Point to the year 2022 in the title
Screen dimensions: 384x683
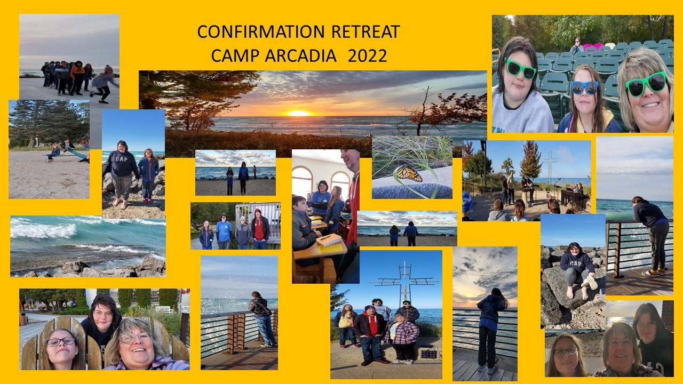point(367,55)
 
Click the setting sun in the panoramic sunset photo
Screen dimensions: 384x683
point(298,113)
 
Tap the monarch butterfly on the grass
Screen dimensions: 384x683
point(408,174)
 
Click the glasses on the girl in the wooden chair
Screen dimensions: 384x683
point(60,341)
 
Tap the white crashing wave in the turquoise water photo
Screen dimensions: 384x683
point(43,230)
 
